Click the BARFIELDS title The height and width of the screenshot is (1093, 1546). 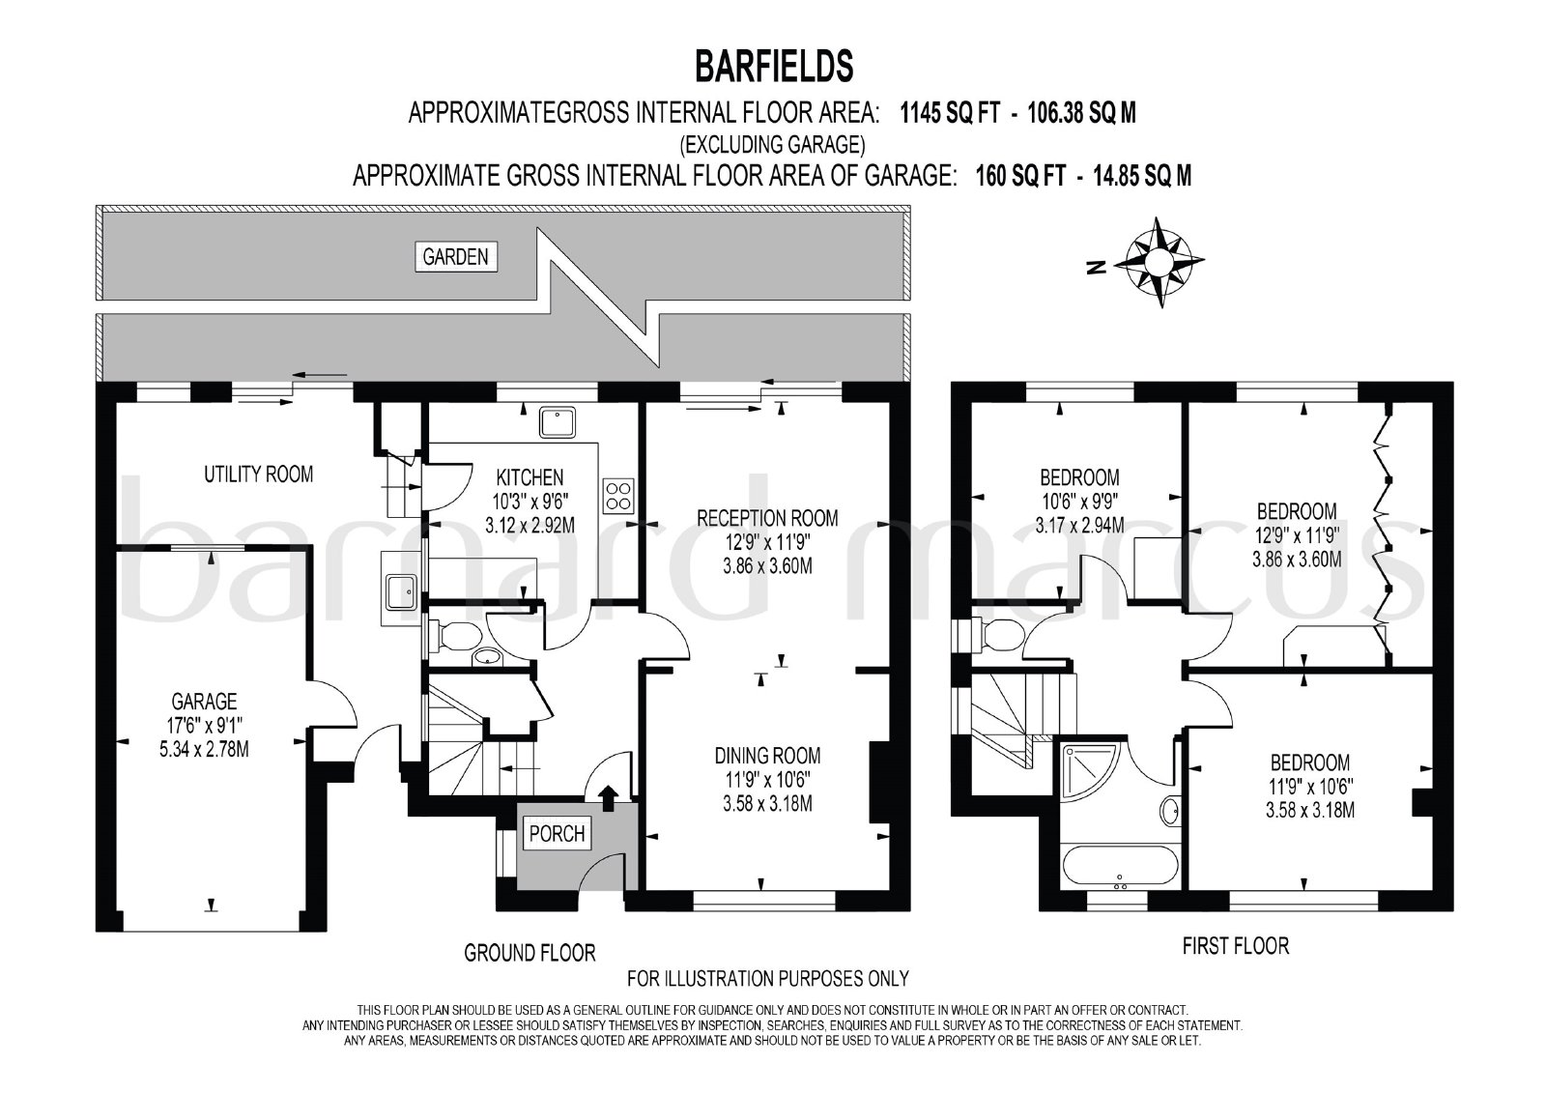[774, 67]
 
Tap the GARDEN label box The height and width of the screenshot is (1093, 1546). [455, 257]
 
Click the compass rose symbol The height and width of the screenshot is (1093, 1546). [1160, 262]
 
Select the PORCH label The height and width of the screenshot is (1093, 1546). [557, 834]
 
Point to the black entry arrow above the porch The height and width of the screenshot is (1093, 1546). [608, 798]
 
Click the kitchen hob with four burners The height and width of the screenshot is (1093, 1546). [617, 495]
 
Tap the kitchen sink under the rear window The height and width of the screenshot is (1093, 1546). [558, 422]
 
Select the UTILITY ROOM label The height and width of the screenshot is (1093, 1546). [258, 475]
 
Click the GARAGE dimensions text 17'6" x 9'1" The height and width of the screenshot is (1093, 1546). [204, 725]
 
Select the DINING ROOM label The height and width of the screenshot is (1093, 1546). [767, 755]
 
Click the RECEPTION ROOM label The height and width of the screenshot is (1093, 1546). [767, 518]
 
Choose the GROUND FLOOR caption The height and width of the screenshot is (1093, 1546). [530, 954]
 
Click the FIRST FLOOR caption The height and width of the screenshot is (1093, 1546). [1236, 946]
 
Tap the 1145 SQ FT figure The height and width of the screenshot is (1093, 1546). [950, 112]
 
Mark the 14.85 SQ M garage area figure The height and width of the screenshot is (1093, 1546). [1142, 176]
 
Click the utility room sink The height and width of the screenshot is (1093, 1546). [400, 591]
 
